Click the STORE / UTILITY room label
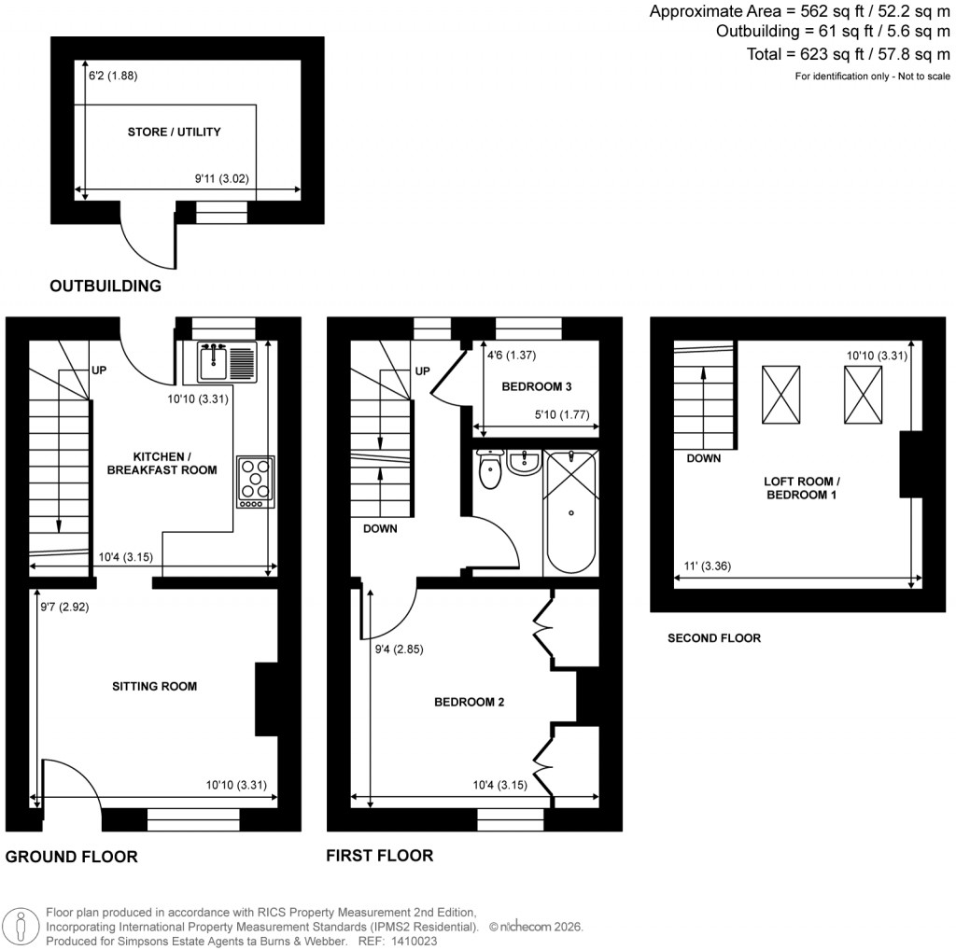coord(174,133)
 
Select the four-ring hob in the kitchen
coord(256,481)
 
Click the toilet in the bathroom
coord(489,470)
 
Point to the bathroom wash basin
coord(524,461)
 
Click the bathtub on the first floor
coord(570,511)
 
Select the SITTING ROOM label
coord(154,687)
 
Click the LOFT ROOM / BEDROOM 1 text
coord(800,488)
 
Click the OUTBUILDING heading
coord(105,286)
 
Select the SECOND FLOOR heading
coord(713,639)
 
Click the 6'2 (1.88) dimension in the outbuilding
coord(113,77)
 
